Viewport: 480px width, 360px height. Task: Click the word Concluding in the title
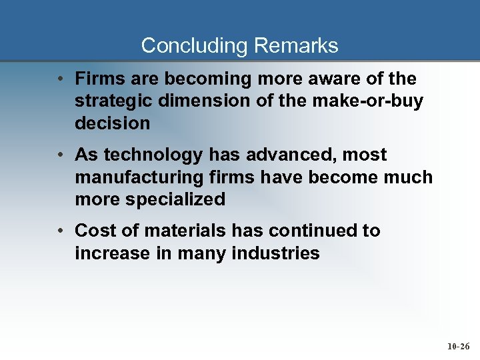click(x=195, y=46)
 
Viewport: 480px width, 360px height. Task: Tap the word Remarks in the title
click(x=296, y=46)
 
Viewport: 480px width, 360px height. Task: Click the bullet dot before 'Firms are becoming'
click(x=61, y=79)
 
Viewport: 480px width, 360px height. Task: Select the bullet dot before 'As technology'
click(x=61, y=155)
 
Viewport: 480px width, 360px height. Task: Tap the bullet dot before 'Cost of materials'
click(x=61, y=231)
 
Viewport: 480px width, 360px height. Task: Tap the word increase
click(x=111, y=253)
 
